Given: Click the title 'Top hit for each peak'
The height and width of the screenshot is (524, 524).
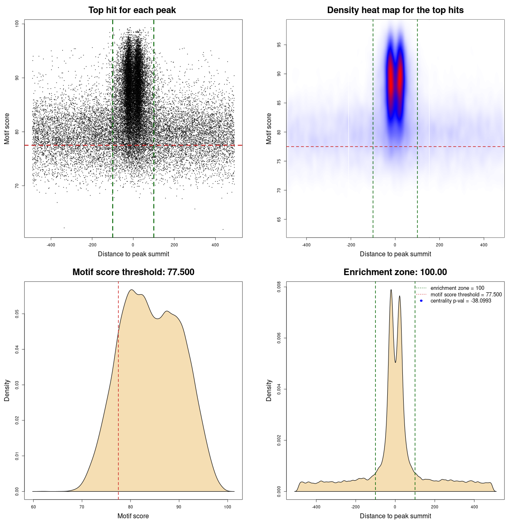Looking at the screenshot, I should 132,10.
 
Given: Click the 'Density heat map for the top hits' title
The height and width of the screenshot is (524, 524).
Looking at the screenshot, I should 395,10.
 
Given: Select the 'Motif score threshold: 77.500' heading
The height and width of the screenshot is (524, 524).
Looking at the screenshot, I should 133,272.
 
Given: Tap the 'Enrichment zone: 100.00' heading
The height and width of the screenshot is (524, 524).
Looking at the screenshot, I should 395,272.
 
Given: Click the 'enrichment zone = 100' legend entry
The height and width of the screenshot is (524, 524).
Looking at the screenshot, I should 457,288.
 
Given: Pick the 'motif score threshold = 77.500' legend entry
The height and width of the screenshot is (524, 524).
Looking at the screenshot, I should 466,294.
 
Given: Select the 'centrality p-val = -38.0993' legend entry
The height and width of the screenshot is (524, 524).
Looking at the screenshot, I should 461,301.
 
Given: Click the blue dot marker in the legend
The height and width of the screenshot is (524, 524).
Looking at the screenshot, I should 421,301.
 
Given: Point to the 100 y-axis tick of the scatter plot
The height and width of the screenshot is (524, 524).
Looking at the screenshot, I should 17,24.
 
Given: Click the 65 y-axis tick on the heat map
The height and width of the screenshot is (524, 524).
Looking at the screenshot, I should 279,219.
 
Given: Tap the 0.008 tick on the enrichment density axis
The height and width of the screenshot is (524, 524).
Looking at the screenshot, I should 279,287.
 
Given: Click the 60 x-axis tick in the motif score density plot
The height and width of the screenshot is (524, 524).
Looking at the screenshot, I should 33,507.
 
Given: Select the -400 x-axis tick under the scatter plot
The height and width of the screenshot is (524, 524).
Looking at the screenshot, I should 51,245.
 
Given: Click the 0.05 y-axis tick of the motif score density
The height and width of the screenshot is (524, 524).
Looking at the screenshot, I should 17,314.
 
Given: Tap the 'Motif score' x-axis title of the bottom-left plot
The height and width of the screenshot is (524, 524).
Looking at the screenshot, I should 133,516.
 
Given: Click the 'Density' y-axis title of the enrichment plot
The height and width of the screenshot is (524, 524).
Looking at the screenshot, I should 269,390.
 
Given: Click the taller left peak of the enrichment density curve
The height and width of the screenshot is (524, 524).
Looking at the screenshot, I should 391,290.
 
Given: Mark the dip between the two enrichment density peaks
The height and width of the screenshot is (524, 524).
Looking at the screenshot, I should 395,362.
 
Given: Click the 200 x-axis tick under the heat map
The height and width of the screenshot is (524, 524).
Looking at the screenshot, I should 439,245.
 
